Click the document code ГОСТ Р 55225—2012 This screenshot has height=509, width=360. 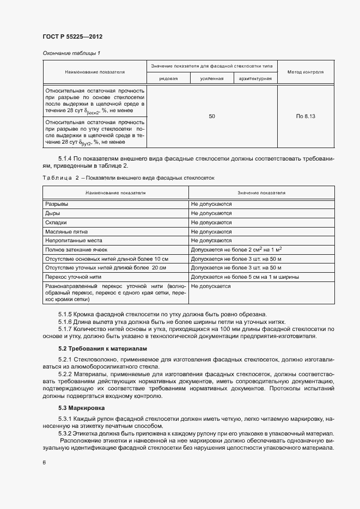tap(72, 36)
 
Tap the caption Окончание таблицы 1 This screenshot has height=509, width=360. tap(71, 53)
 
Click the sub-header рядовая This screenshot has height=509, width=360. tap(168, 79)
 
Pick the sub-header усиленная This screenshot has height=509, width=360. tap(212, 79)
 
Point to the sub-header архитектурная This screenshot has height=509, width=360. tap(255, 79)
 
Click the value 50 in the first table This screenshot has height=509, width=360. tap(212, 116)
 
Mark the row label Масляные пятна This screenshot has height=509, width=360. tap(65, 231)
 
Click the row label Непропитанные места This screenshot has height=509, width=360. tap(74, 240)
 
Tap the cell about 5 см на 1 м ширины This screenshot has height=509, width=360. tap(245, 277)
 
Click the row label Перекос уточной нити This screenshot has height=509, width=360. tap(74, 277)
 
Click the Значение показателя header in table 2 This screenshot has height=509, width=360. tap(261, 193)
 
